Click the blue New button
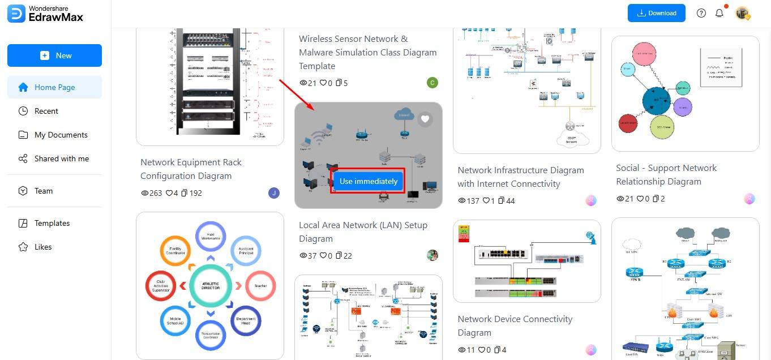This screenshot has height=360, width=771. pyautogui.click(x=54, y=55)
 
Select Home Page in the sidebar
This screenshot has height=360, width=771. pyautogui.click(x=54, y=87)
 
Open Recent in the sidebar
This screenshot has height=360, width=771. pyautogui.click(x=46, y=111)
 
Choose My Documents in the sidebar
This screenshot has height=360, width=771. pyautogui.click(x=61, y=135)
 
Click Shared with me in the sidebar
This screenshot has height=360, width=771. pyautogui.click(x=61, y=158)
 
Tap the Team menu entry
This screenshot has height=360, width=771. pyautogui.click(x=43, y=191)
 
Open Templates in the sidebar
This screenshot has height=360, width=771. pyautogui.click(x=52, y=223)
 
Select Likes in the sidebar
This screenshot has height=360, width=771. pyautogui.click(x=42, y=247)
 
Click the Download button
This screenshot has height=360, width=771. pyautogui.click(x=656, y=13)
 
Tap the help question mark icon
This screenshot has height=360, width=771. pyautogui.click(x=701, y=13)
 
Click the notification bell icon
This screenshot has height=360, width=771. pyautogui.click(x=719, y=13)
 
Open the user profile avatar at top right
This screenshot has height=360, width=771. pyautogui.click(x=743, y=13)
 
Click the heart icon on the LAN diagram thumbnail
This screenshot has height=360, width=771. pyautogui.click(x=425, y=119)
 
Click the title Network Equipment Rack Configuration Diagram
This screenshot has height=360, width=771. pyautogui.click(x=191, y=169)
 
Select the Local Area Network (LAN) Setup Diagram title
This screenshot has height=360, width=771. pyautogui.click(x=363, y=232)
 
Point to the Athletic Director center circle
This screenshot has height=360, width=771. pyautogui.click(x=210, y=285)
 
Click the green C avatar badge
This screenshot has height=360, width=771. pyautogui.click(x=432, y=83)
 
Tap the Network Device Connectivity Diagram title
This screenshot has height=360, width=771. pyautogui.click(x=515, y=325)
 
